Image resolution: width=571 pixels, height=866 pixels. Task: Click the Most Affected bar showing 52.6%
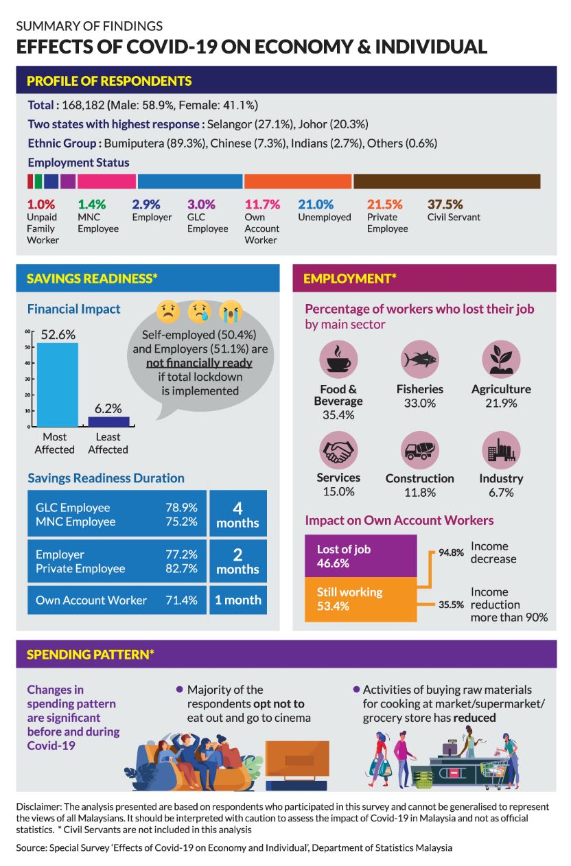pyautogui.click(x=58, y=385)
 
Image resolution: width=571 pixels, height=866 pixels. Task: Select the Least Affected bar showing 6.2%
pyautogui.click(x=108, y=421)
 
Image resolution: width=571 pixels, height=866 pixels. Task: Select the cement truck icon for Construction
pyautogui.click(x=419, y=449)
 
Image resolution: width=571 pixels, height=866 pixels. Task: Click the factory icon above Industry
pyautogui.click(x=501, y=449)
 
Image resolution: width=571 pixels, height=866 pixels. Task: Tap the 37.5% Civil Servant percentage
pyautogui.click(x=445, y=204)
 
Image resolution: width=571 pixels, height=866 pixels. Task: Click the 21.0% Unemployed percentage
pyautogui.click(x=316, y=204)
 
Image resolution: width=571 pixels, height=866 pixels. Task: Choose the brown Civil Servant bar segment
pyautogui.click(x=447, y=181)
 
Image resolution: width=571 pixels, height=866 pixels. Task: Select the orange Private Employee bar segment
pyautogui.click(x=298, y=181)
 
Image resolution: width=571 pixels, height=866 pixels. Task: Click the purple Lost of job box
pyautogui.click(x=360, y=556)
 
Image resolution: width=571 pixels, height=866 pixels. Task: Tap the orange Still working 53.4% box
pyautogui.click(x=360, y=598)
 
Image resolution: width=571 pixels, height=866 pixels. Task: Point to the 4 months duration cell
pyautogui.click(x=237, y=515)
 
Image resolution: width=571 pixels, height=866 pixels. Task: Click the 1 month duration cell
pyautogui.click(x=237, y=600)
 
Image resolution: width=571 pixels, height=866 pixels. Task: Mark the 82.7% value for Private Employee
pyautogui.click(x=181, y=569)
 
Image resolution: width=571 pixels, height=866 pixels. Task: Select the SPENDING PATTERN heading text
pyautogui.click(x=90, y=655)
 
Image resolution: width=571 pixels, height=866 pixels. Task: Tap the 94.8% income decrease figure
pyautogui.click(x=451, y=552)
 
